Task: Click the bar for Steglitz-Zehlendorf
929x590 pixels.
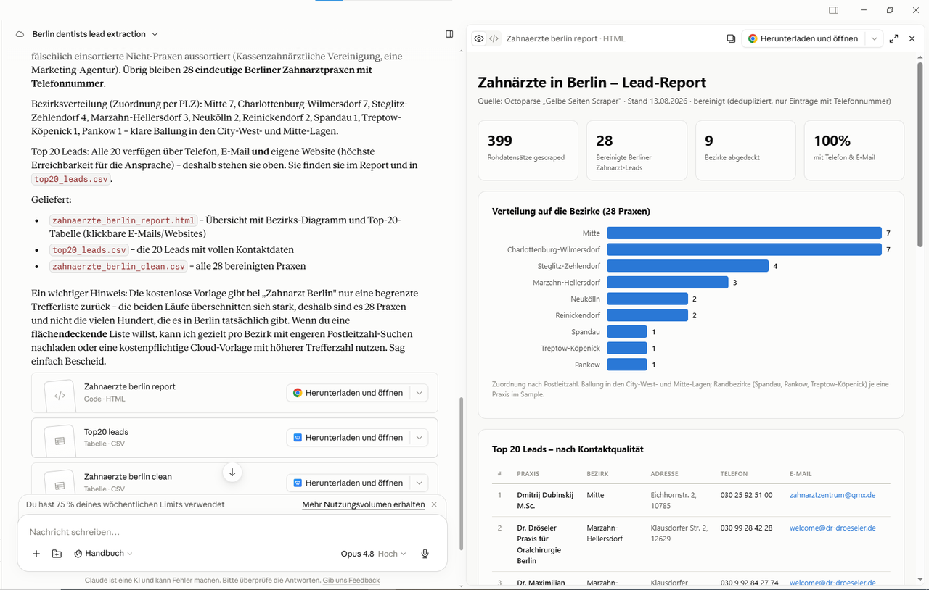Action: (687, 266)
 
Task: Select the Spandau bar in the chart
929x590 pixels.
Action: (626, 331)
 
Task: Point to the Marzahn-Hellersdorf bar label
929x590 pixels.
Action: (566, 283)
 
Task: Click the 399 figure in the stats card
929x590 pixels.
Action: (500, 141)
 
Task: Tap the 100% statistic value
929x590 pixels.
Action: (832, 141)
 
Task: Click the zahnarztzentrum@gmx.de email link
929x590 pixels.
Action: (832, 495)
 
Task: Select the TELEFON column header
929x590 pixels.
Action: (734, 473)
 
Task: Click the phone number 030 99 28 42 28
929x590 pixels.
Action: (746, 528)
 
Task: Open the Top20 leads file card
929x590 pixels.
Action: (234, 438)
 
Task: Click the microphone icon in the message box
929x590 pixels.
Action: (425, 554)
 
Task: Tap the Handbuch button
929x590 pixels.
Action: (103, 554)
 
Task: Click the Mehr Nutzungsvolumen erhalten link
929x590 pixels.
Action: (364, 504)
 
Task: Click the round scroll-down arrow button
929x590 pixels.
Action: (232, 473)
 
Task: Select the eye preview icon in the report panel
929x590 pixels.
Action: (479, 38)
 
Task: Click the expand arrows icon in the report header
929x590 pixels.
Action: (893, 38)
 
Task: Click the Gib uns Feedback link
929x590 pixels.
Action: (351, 580)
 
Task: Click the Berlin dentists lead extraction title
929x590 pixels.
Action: (89, 34)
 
